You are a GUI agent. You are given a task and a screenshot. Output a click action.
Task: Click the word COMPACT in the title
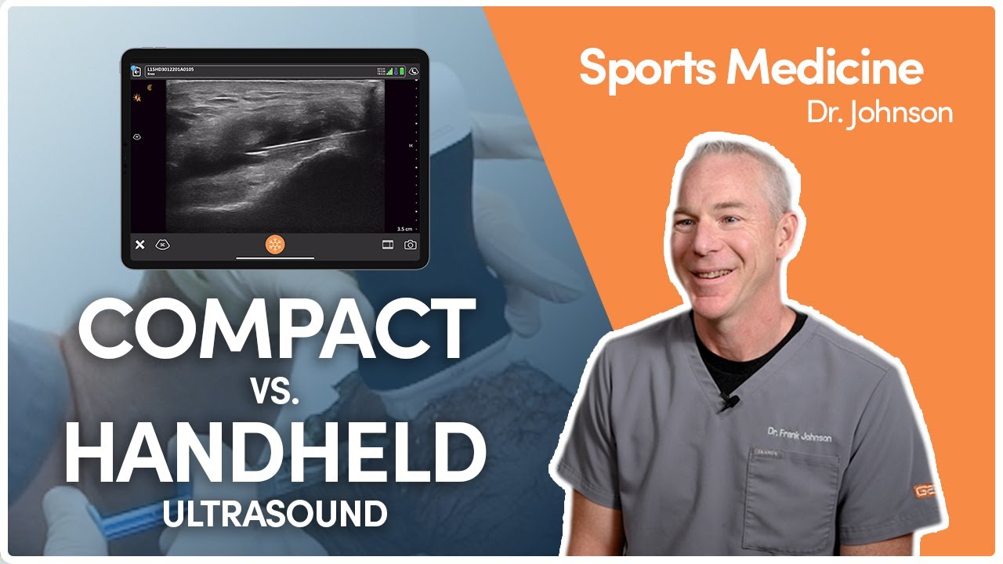pos(277,330)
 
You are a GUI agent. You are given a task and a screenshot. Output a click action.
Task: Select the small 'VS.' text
pos(276,391)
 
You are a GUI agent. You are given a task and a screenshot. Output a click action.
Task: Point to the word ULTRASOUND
pos(275,515)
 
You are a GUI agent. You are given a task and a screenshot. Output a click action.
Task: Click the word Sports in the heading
pos(648,70)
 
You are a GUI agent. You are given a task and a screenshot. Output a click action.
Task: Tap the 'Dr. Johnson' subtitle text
pos(880,112)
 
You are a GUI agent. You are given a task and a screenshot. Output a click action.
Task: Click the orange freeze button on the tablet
pos(275,244)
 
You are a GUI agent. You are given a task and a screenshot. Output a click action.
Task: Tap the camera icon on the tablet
pos(411,245)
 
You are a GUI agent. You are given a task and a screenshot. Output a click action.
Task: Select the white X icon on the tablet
pos(140,245)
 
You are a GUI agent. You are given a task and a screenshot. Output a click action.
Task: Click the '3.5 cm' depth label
pos(404,229)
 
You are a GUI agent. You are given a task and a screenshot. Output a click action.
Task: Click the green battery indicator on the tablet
pos(402,71)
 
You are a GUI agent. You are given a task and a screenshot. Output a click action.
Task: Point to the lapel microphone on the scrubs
pos(728,403)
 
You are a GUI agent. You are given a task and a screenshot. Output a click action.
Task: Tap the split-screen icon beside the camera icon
pos(387,245)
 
